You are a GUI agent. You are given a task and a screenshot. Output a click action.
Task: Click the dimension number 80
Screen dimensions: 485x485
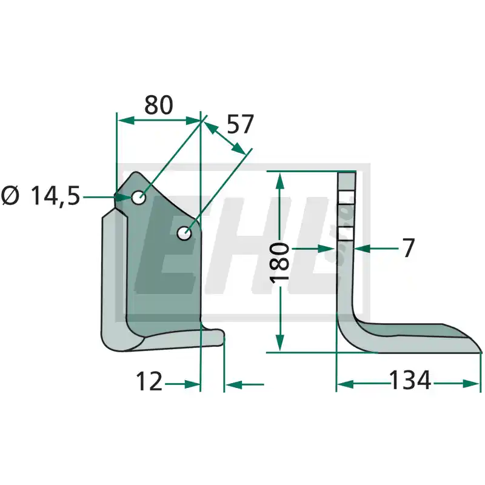(159, 105)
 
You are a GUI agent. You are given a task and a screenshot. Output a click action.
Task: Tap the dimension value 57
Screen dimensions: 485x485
(240, 124)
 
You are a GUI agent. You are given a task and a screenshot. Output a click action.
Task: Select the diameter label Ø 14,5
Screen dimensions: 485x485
(41, 196)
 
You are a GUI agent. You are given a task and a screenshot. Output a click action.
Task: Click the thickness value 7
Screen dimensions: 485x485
(409, 248)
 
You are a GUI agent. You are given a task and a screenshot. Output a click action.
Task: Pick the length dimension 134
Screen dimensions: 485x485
(410, 380)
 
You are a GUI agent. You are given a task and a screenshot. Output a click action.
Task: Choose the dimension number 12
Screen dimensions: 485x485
(149, 381)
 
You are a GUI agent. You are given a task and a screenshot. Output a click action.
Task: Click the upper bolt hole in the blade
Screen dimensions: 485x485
(139, 197)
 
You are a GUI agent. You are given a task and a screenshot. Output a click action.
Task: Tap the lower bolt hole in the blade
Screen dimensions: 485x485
(184, 233)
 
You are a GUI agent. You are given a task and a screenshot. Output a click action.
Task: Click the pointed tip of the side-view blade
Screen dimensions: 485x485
(481, 352)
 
